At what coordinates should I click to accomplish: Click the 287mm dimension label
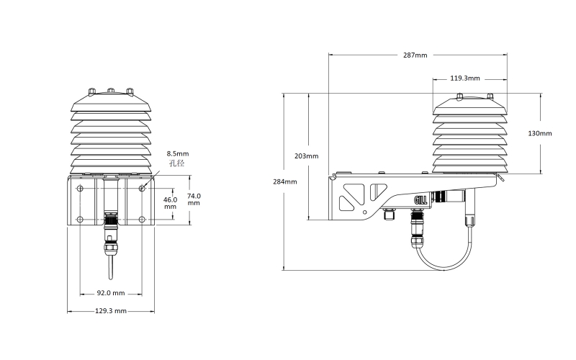(415, 55)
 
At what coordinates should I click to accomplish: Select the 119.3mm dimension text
(464, 78)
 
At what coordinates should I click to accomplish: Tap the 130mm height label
(539, 133)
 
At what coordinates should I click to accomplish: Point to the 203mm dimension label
(307, 156)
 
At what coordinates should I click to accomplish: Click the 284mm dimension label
(284, 182)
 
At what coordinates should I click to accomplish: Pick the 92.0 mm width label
(111, 293)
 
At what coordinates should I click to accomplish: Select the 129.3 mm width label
(111, 311)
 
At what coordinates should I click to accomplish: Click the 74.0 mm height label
(194, 199)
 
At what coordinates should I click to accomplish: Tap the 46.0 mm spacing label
(170, 203)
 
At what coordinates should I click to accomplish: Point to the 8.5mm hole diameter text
(177, 153)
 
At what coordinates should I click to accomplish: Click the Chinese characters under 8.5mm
(176, 163)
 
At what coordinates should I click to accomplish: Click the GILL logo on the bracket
(420, 200)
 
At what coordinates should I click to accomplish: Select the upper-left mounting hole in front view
(80, 189)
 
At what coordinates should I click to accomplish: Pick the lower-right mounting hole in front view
(142, 220)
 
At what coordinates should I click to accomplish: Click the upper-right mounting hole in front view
(142, 189)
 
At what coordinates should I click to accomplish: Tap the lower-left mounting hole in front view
(80, 220)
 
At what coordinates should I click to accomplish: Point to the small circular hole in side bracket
(364, 212)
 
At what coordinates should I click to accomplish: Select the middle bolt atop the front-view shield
(111, 90)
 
